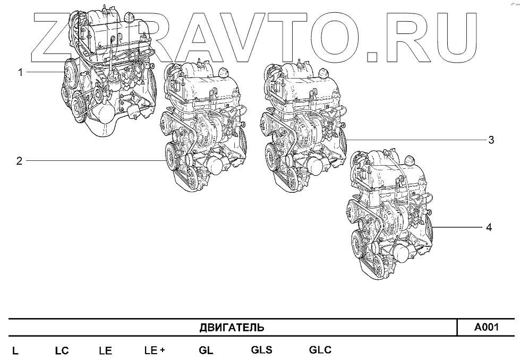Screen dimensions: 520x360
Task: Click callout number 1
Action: tap(21, 72)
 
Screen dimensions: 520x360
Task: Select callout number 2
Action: tap(20, 161)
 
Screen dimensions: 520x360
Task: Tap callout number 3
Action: tap(491, 140)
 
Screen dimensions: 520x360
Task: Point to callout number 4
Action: tap(489, 228)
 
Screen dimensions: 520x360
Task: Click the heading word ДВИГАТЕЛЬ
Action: tap(232, 328)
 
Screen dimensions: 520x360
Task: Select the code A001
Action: tap(486, 328)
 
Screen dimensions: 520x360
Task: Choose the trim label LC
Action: tap(62, 351)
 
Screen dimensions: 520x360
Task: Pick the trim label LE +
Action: tap(155, 350)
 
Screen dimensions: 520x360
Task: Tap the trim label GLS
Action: tap(262, 350)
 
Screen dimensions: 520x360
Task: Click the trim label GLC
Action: tap(320, 350)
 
